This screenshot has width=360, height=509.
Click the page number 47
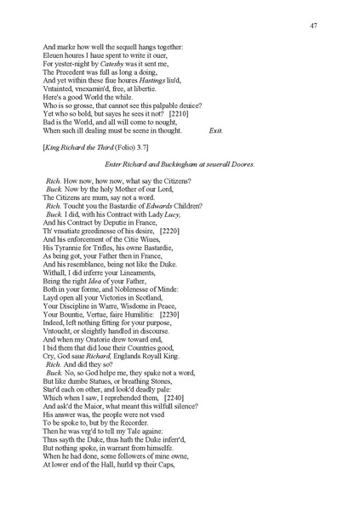pyautogui.click(x=313, y=26)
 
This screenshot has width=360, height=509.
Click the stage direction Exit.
pyautogui.click(x=215, y=155)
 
